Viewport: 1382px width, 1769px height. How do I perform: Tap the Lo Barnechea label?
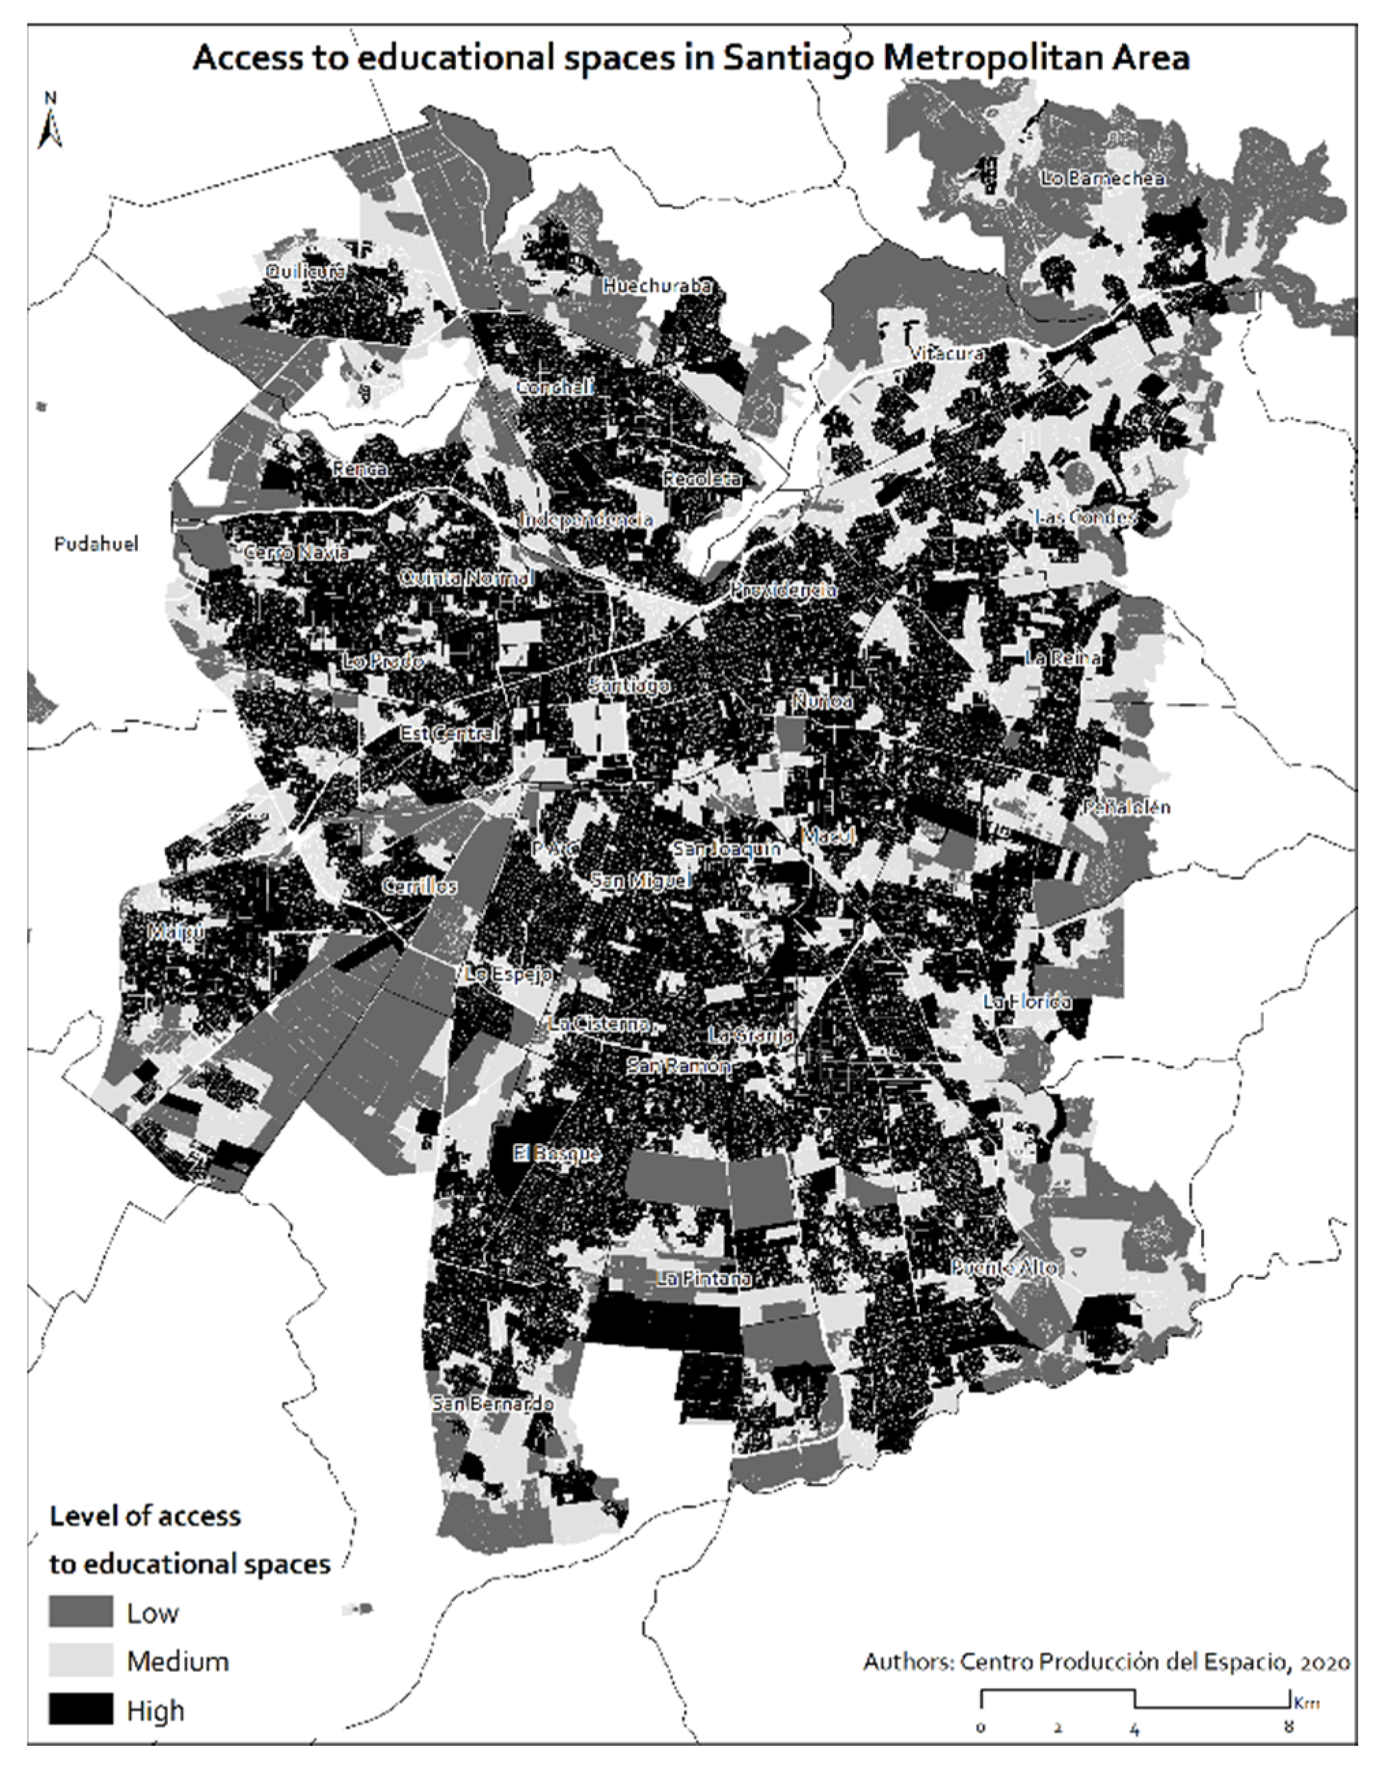1102,178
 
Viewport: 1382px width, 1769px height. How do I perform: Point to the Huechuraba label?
658,286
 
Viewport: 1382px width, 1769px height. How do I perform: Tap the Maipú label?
175,932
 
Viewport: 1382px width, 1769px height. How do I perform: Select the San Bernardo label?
493,1404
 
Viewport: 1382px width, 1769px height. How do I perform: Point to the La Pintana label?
703,1279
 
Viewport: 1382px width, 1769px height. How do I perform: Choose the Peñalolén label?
1127,807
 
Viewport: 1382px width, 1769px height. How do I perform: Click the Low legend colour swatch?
81,1613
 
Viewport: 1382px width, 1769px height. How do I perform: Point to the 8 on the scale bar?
1288,1727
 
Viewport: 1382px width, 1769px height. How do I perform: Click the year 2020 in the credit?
1323,1663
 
